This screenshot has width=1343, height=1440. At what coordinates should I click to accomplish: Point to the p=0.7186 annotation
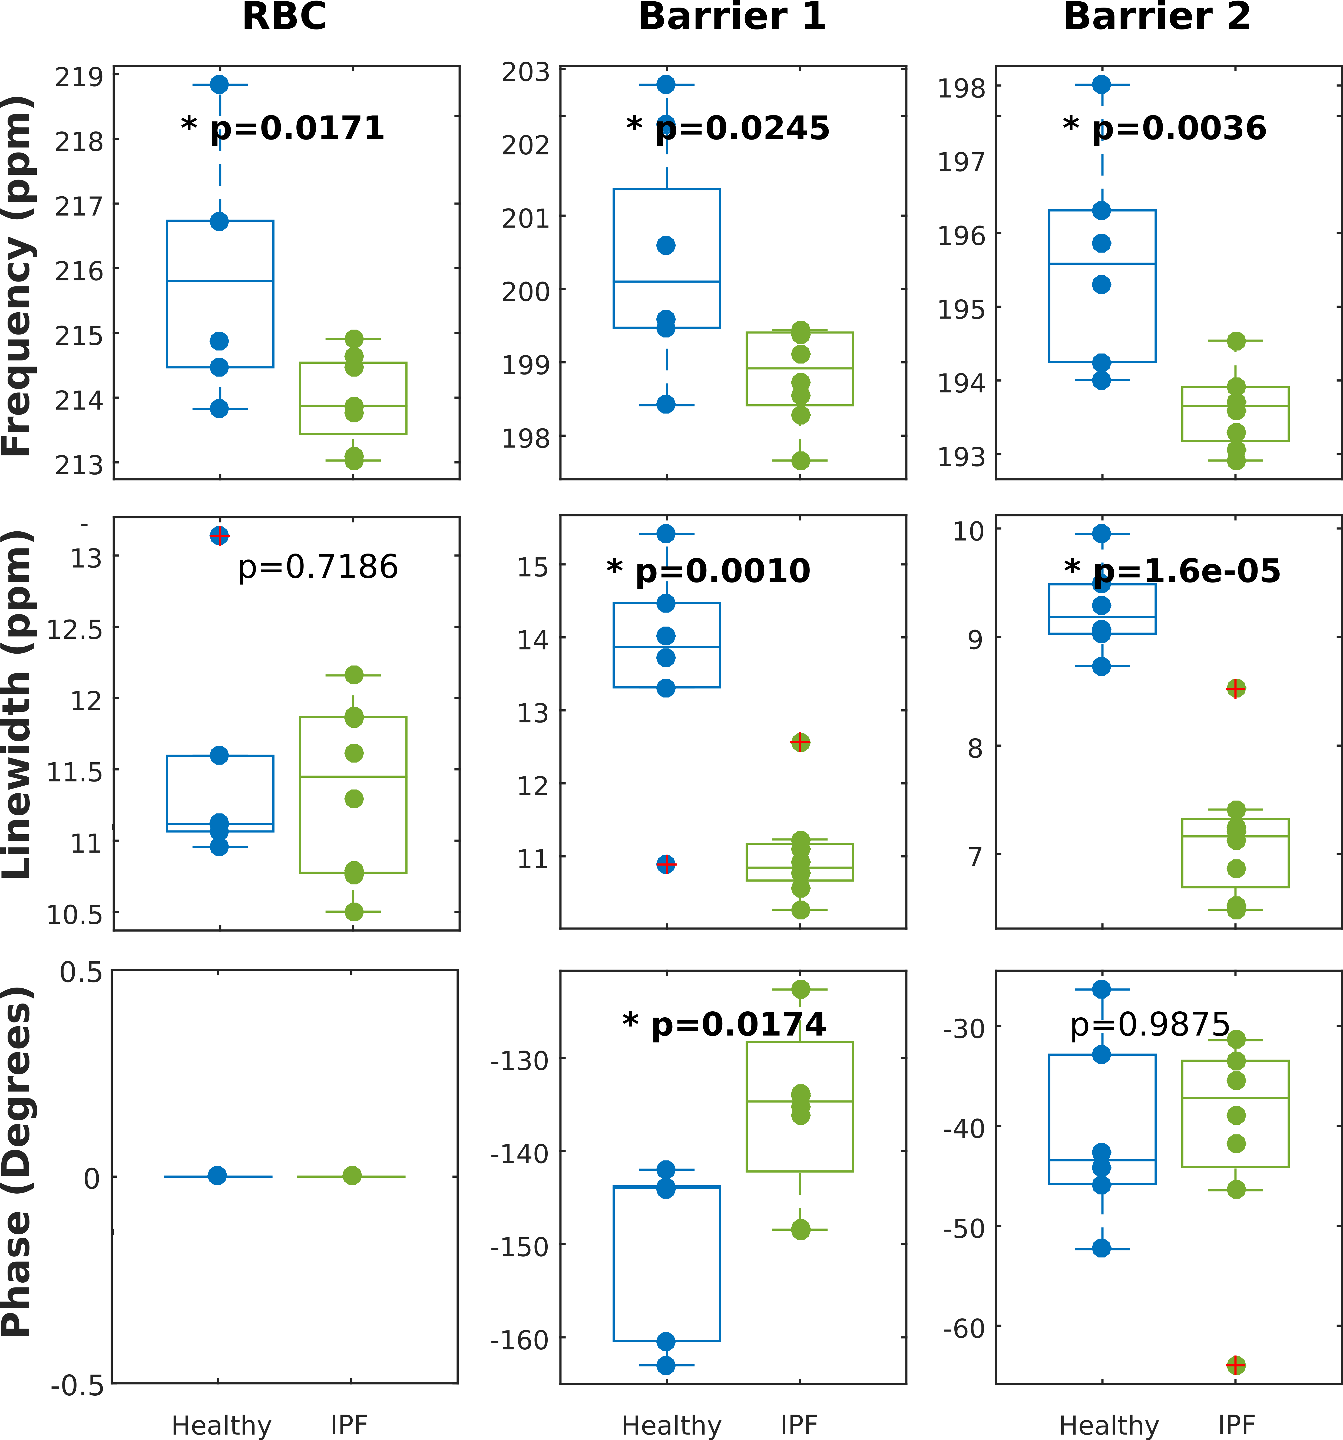(317, 567)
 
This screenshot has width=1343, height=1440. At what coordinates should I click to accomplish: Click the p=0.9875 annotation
(1150, 1024)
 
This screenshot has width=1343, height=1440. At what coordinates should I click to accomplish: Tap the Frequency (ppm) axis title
(17, 275)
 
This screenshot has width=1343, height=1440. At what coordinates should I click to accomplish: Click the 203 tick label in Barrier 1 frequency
(526, 72)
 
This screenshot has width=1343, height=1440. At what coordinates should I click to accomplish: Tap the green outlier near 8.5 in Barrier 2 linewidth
(1236, 688)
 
